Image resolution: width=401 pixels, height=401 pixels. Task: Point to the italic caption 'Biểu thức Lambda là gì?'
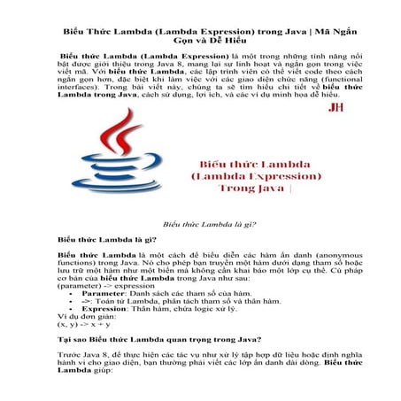(x=200, y=226)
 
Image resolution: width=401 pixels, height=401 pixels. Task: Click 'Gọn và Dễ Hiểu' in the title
(x=200, y=42)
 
